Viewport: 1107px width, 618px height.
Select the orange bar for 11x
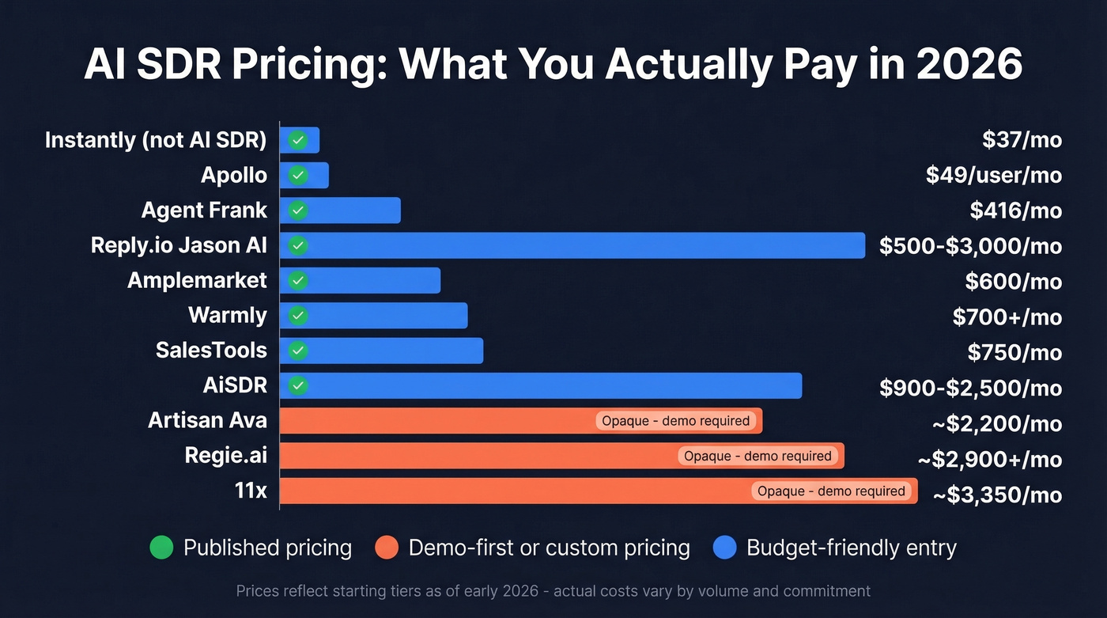514,491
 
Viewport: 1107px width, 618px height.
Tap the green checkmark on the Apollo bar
298,176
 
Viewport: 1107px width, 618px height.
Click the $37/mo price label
1022,140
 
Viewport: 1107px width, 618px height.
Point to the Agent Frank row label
204,210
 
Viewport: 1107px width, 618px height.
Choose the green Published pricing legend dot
161,548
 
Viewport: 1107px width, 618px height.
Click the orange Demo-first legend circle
387,548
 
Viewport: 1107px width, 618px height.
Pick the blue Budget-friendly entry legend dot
724,548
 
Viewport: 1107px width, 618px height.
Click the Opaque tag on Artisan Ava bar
675,421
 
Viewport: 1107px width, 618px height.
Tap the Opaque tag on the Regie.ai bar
758,456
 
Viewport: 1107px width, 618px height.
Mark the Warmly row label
228,316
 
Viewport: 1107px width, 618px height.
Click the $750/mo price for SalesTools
1014,352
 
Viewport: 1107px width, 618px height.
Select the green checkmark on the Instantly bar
298,140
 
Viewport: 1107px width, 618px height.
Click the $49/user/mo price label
993,175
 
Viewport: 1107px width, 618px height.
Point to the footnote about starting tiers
553,591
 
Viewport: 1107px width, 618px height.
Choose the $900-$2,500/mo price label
970,388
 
